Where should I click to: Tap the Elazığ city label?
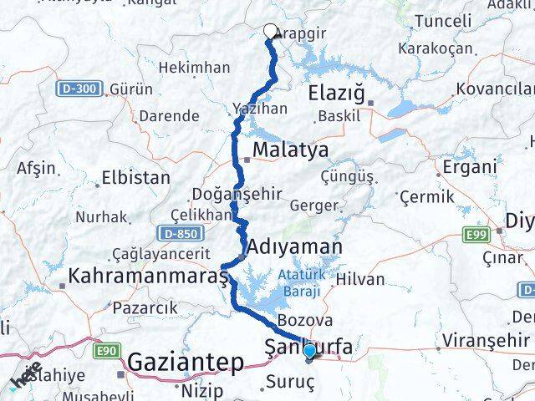click(x=337, y=92)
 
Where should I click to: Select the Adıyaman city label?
click(x=295, y=247)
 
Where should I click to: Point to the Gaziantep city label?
click(x=186, y=363)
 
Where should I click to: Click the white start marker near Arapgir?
click(x=270, y=32)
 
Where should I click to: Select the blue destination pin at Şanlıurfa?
click(x=311, y=352)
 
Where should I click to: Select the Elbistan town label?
click(x=135, y=177)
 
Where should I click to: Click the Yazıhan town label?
click(x=260, y=109)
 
